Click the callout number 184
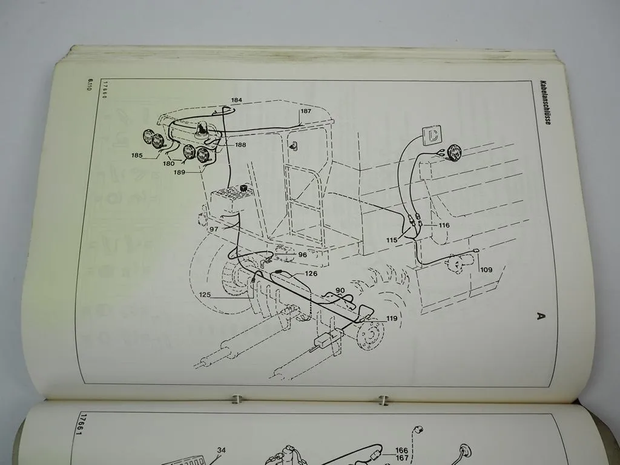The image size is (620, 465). tap(236, 100)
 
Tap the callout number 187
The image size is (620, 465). tap(306, 111)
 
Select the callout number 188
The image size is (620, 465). tap(240, 145)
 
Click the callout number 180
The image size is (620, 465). tap(170, 163)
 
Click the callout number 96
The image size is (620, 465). tap(302, 255)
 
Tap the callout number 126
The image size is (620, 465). tap(311, 274)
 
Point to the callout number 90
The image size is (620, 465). tap(340, 291)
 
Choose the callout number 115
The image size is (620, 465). tap(392, 240)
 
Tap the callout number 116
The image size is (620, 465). tap(444, 225)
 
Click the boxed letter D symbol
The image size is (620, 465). tap(432, 134)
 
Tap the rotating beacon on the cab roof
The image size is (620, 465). tap(202, 128)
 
